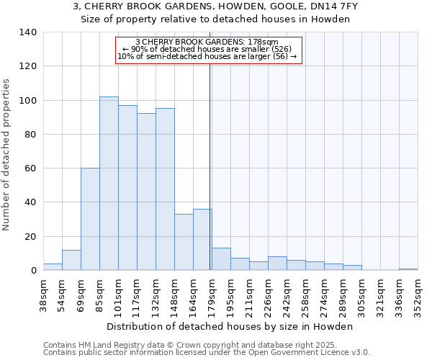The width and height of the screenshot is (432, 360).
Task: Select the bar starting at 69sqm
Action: [90, 220]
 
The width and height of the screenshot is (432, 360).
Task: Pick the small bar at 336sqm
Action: [408, 269]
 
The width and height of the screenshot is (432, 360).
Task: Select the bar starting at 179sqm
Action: [221, 259]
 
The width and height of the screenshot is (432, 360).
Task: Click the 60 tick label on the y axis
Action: [30, 168]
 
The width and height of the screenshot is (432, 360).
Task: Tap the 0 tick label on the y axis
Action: [32, 271]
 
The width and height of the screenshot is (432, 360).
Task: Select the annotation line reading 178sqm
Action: [207, 42]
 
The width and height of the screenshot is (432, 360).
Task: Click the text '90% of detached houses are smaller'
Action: [207, 49]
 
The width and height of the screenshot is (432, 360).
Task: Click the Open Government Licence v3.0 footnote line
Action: [207, 352]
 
